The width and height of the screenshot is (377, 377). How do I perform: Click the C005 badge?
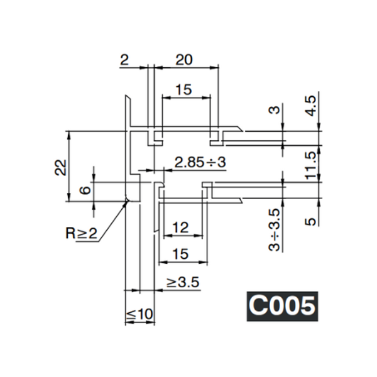(x=281, y=306)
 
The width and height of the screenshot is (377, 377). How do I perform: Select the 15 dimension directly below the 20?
(x=183, y=90)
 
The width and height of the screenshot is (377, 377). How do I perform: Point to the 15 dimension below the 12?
(x=180, y=254)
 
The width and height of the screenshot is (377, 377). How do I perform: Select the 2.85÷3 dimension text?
(x=200, y=162)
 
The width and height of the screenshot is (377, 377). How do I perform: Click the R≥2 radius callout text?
(x=82, y=234)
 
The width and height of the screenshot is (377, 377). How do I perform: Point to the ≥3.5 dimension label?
(x=183, y=283)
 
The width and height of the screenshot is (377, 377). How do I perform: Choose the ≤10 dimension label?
(x=139, y=313)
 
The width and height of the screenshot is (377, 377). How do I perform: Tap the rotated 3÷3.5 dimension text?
(x=274, y=230)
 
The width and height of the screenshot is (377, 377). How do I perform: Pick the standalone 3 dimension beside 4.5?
(x=274, y=111)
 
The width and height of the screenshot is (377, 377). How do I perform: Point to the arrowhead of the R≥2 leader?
(x=126, y=201)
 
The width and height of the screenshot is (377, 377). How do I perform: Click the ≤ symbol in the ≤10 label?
(x=130, y=313)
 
